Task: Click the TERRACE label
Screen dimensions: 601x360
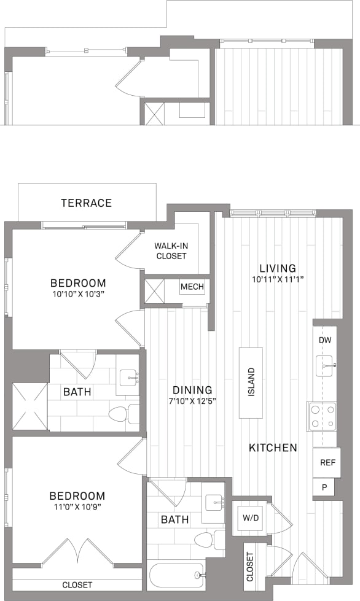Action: point(86,203)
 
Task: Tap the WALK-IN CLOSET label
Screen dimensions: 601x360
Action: point(171,251)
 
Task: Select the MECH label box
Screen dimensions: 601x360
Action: point(192,287)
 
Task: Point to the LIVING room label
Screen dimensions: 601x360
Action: point(278,268)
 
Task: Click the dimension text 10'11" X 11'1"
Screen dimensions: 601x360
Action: point(278,280)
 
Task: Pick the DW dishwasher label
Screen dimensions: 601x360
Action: point(326,340)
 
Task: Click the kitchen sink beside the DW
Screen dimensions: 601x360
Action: point(325,366)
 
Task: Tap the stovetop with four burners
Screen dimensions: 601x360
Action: point(322,416)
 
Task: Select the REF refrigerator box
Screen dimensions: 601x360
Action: point(327,463)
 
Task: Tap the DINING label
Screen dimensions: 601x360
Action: point(192,390)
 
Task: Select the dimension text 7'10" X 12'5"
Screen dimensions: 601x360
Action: point(192,401)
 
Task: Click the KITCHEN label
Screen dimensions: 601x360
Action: point(273,448)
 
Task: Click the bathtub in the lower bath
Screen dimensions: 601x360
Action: point(176,576)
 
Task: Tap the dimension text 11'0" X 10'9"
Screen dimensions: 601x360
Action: point(77,508)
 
